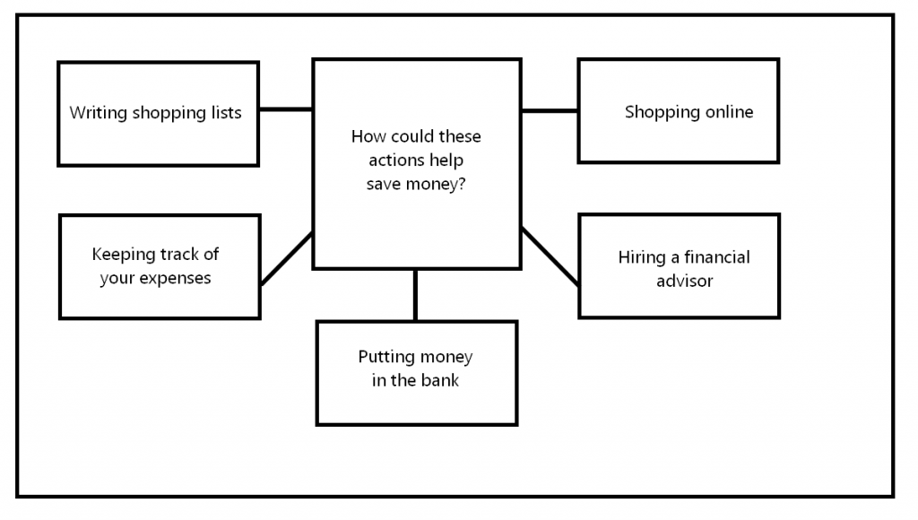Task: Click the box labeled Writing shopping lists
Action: pyautogui.click(x=158, y=114)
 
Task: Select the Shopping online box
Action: pyautogui.click(x=678, y=111)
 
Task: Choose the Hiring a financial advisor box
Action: pyautogui.click(x=679, y=265)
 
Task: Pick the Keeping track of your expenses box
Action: pyautogui.click(x=160, y=266)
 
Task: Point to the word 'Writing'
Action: pyautogui.click(x=99, y=113)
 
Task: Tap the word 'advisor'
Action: pyautogui.click(x=684, y=281)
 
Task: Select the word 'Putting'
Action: pyautogui.click(x=385, y=357)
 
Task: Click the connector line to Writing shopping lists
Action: pyautogui.click(x=285, y=109)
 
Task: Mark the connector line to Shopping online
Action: pyautogui.click(x=550, y=111)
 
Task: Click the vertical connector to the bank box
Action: pyautogui.click(x=415, y=295)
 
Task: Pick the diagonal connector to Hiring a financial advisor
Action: pyautogui.click(x=550, y=256)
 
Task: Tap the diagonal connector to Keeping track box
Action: pyautogui.click(x=286, y=259)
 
